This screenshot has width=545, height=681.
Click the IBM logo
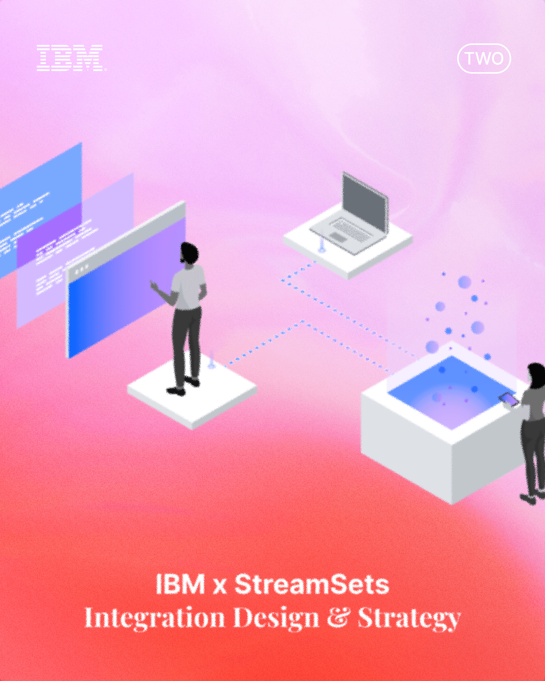(x=70, y=58)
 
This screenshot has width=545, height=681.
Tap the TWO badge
(x=484, y=59)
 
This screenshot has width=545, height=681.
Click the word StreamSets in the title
(x=312, y=584)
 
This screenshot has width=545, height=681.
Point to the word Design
(x=276, y=618)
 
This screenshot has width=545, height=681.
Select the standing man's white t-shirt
(x=189, y=286)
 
